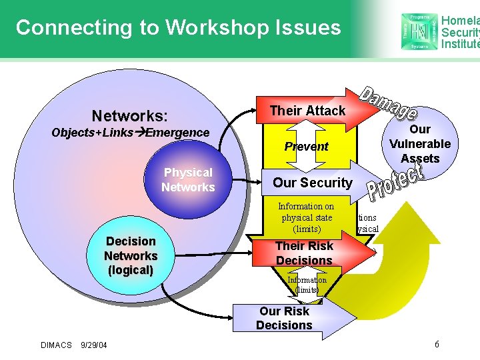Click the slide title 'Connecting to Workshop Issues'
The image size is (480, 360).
178,28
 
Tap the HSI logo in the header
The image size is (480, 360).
420,30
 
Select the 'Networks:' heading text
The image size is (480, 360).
130,115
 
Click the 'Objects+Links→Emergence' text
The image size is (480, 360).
131,132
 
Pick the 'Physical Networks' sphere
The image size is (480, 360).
188,180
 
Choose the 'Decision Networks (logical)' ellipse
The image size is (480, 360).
131,255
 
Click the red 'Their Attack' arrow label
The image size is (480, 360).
307,111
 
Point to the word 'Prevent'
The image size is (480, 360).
306,146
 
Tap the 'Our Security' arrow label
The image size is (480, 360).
312,183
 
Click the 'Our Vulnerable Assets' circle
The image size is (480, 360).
420,143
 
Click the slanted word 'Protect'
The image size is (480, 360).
396,183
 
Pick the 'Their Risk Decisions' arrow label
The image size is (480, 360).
304,253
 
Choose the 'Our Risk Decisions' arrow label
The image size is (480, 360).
284,318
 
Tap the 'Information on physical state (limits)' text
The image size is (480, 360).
306,217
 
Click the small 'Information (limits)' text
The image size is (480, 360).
307,285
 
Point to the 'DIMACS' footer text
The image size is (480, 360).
56,345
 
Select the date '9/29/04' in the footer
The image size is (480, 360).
94,345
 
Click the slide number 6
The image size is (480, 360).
436,344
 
